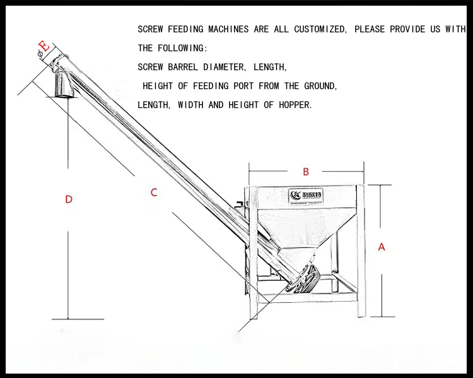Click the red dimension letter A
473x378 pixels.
tap(382, 247)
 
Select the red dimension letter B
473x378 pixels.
tap(306, 172)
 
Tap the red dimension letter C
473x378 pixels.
tap(154, 193)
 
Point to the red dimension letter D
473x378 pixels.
tap(69, 199)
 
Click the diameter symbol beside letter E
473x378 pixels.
tap(39, 56)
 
